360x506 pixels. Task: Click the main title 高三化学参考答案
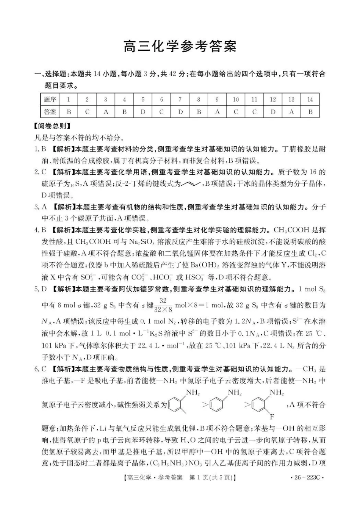click(x=180, y=47)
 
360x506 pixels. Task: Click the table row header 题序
click(x=50, y=100)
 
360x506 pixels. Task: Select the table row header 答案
click(x=50, y=112)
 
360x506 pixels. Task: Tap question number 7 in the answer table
click(x=180, y=100)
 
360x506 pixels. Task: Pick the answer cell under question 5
click(x=143, y=112)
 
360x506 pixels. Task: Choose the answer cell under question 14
click(x=310, y=112)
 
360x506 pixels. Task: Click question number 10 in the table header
click(x=236, y=100)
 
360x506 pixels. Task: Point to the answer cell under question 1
click(x=69, y=112)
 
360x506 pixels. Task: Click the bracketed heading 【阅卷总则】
click(x=52, y=126)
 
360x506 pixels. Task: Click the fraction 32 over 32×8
click(x=163, y=305)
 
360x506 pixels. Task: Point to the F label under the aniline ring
click(x=272, y=417)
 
